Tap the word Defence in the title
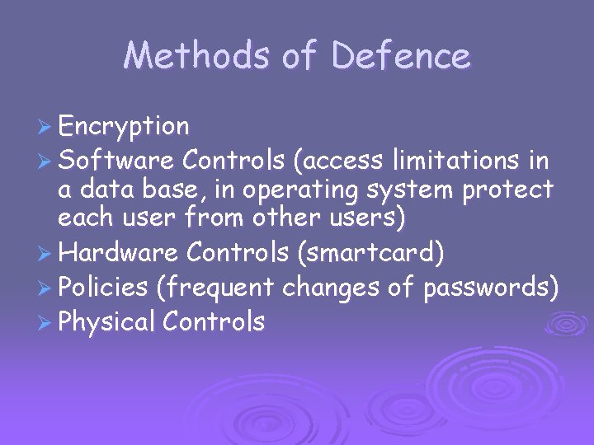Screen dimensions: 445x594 (x=402, y=55)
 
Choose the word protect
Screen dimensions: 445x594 (x=509, y=191)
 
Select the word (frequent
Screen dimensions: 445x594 (x=216, y=288)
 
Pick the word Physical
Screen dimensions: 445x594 (x=107, y=321)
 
